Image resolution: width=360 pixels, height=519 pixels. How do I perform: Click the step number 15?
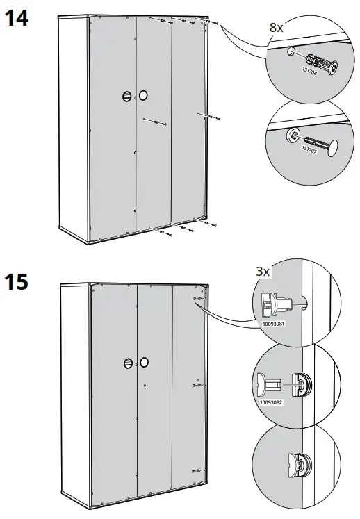click(17, 284)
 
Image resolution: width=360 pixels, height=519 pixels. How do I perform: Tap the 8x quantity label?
click(277, 28)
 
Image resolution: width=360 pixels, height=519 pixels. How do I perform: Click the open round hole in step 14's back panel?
click(143, 95)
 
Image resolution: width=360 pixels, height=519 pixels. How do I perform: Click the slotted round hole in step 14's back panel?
click(127, 97)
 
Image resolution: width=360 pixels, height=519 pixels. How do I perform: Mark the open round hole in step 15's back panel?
click(144, 362)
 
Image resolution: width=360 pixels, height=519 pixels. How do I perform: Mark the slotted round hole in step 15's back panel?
click(128, 363)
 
